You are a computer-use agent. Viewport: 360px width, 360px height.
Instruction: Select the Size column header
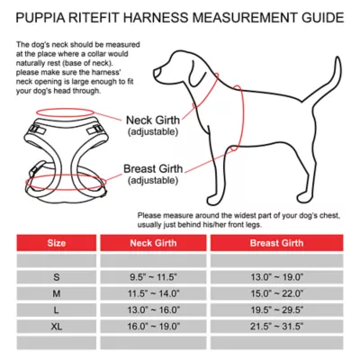coord(56,242)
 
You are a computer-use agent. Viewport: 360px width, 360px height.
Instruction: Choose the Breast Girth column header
coord(276,242)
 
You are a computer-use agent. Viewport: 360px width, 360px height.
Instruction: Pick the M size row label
coord(56,293)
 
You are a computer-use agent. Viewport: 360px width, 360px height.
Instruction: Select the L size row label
coord(56,309)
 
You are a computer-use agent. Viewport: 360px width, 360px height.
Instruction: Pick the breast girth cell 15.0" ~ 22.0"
coord(276,293)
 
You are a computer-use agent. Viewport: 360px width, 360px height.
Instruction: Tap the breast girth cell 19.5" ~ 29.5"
coord(276,309)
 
